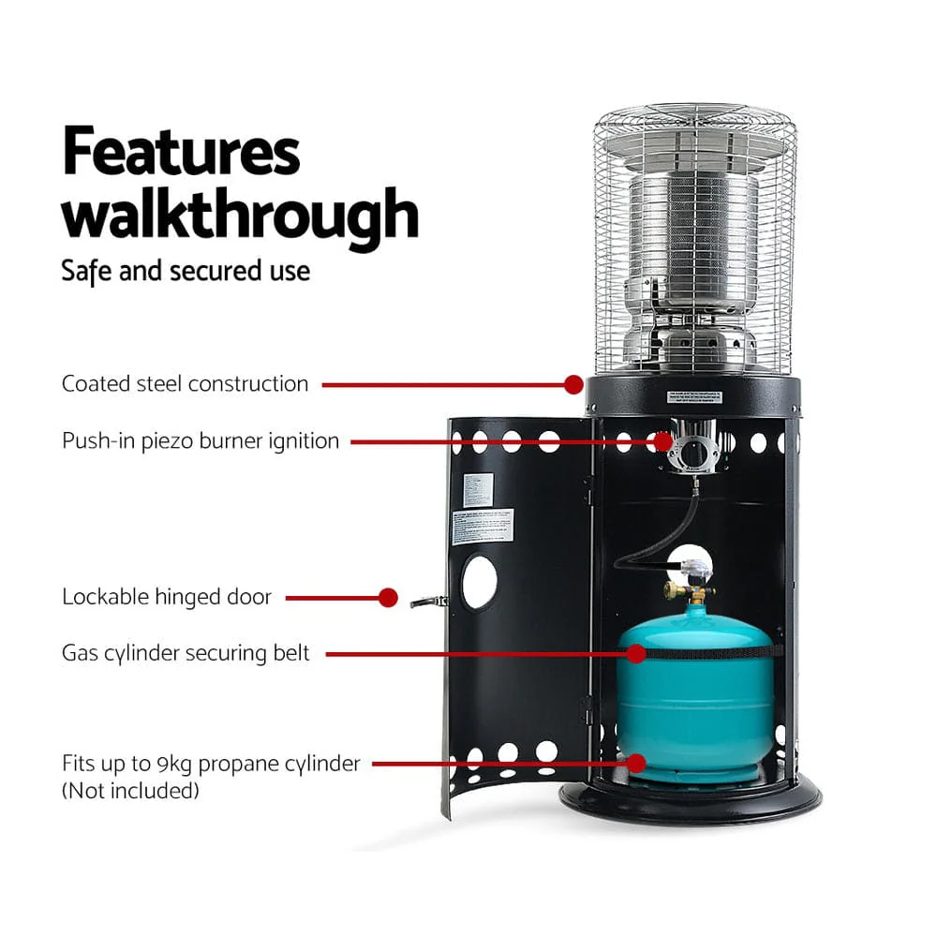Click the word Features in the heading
(181, 153)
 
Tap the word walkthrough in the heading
(240, 215)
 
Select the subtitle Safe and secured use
(186, 271)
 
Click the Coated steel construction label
(185, 383)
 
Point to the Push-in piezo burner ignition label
(201, 440)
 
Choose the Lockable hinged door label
(167, 597)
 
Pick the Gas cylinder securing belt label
(186, 653)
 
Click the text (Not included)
(130, 791)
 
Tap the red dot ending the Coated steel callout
(573, 383)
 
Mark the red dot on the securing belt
(637, 653)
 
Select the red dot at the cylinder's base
(637, 764)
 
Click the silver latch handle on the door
(427, 602)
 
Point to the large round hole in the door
(479, 582)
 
